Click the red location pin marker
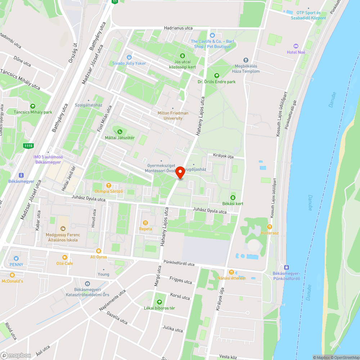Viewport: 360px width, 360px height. (180, 173)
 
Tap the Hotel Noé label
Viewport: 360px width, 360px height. (296, 52)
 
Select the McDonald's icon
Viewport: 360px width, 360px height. (12, 275)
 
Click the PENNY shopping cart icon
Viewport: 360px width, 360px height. (16, 258)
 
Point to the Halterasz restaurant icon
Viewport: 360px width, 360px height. (269, 226)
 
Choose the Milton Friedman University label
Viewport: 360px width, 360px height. (173, 115)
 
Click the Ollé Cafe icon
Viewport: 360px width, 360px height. (65, 257)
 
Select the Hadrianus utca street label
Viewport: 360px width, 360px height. (178, 28)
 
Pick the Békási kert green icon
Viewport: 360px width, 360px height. (233, 197)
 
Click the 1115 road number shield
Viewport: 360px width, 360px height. (28, 145)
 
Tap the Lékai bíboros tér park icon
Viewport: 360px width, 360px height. (159, 302)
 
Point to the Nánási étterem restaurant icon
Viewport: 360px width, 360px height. (231, 272)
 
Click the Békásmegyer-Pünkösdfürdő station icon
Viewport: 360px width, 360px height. (286, 267)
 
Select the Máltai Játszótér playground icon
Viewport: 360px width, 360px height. (120, 131)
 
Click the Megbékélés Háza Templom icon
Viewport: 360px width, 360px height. (246, 60)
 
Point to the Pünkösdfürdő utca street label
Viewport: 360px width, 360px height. (179, 264)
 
